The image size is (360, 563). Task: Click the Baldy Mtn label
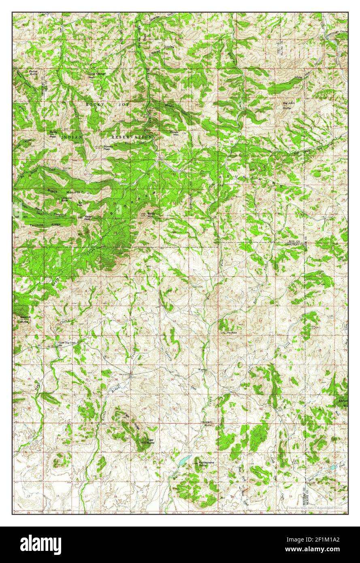(x=151, y=215)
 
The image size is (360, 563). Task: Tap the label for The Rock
(x=231, y=333)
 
